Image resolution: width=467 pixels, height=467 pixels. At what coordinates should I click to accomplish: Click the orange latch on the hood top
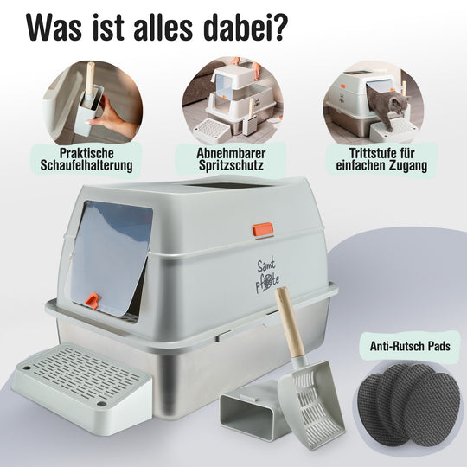[x=263, y=229]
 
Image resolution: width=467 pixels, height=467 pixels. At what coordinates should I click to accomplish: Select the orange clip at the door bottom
[x=92, y=300]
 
